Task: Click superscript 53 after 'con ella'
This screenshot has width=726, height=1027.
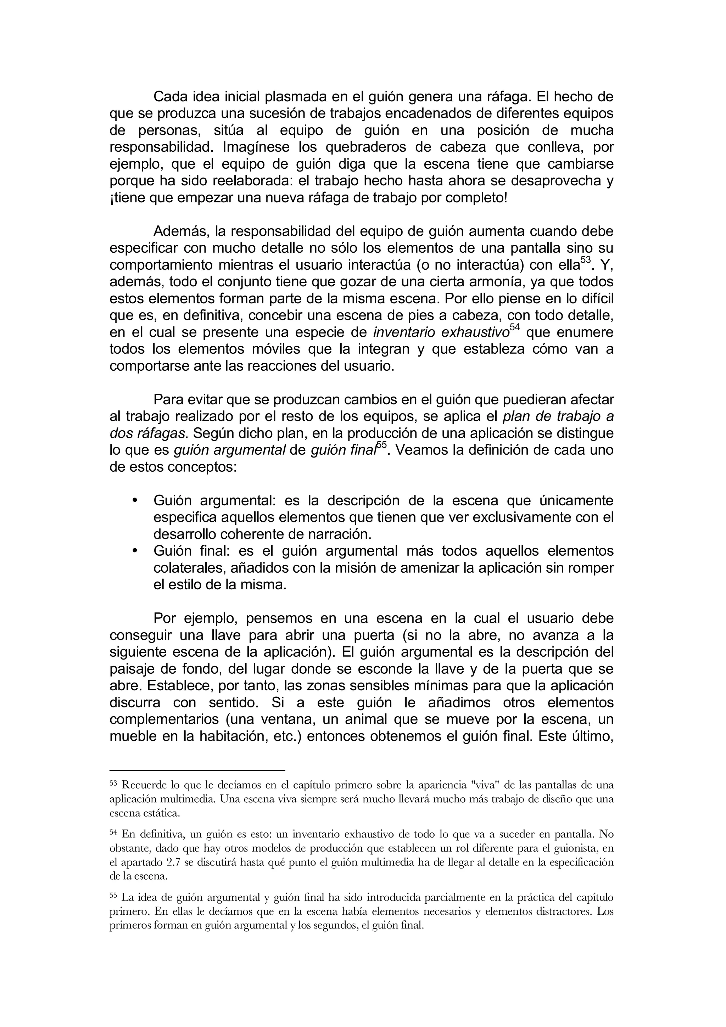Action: coord(586,260)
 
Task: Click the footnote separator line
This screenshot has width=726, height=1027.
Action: coord(197,770)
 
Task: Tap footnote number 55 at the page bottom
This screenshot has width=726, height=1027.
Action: coord(113,896)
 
